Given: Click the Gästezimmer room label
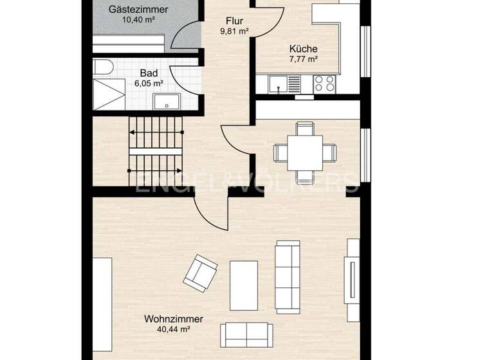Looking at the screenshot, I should click(x=138, y=10).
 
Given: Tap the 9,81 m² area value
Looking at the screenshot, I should click(x=235, y=31).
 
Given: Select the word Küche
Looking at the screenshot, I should click(x=303, y=49).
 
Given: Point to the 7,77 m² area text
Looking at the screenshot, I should click(x=303, y=59).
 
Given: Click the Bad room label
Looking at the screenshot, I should click(x=149, y=73).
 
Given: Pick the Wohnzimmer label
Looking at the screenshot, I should click(x=174, y=319).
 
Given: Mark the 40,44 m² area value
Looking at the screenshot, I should click(x=174, y=329).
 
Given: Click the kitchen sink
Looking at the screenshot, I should click(x=279, y=84).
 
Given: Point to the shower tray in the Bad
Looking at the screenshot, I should click(x=109, y=94).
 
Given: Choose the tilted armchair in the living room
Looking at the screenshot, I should click(x=200, y=273).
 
